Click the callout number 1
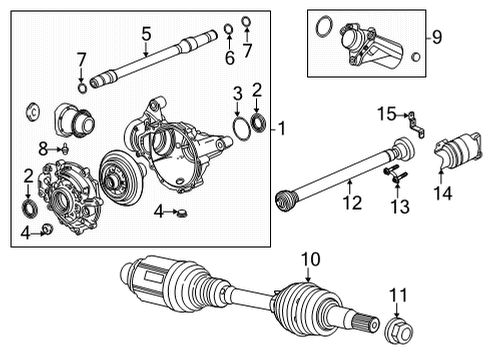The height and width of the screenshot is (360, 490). (x=283, y=129)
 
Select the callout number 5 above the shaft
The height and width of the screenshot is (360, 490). (x=146, y=34)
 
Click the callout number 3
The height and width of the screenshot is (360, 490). (x=236, y=94)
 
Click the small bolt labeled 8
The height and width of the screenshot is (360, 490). (x=62, y=150)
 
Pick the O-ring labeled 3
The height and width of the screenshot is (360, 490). (x=241, y=126)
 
